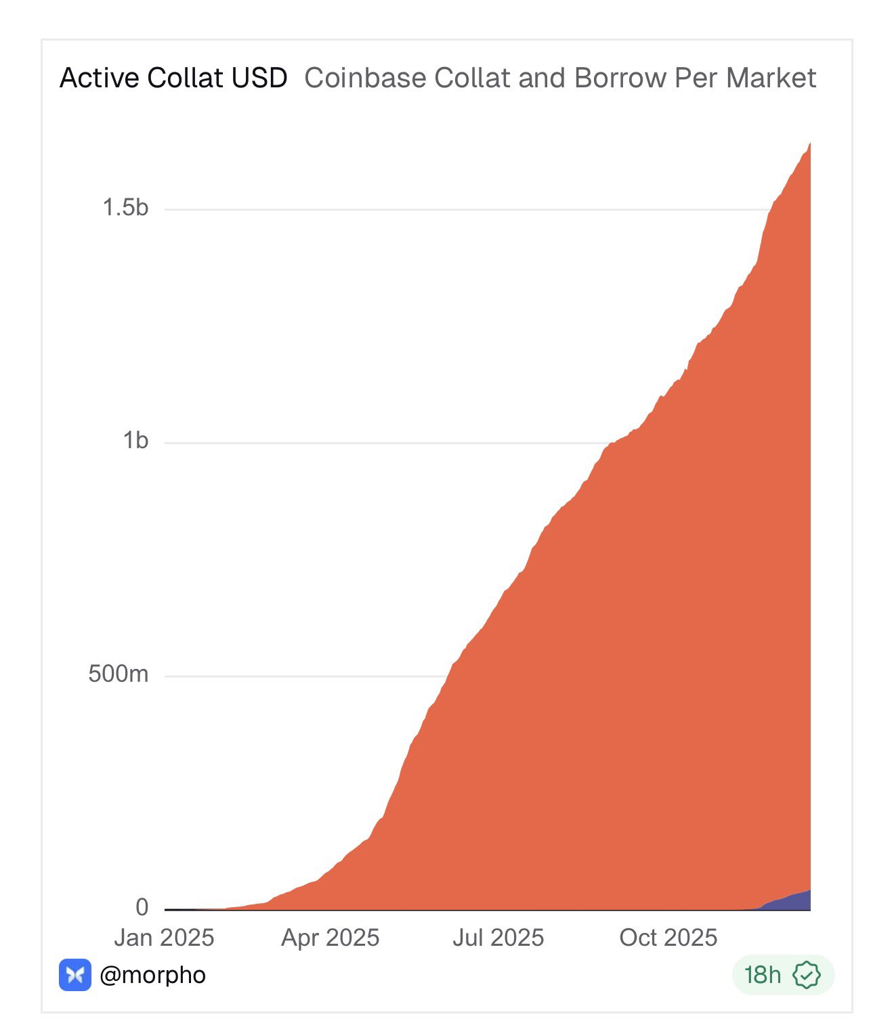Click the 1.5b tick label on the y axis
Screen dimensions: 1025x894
click(125, 208)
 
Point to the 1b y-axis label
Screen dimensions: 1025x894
click(135, 441)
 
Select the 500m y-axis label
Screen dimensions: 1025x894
click(119, 674)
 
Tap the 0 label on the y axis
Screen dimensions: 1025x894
click(142, 907)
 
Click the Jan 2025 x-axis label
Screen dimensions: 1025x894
click(164, 938)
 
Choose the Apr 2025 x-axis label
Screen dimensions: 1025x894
click(331, 938)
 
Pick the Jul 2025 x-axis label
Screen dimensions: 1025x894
click(498, 938)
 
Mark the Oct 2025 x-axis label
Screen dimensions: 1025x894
click(668, 938)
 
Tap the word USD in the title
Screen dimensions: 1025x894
click(259, 78)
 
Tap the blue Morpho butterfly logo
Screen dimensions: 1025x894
click(75, 975)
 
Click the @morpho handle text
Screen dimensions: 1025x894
click(152, 975)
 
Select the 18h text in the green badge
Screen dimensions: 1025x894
click(763, 975)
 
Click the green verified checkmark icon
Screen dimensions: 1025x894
click(807, 975)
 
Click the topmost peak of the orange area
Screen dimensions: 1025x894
click(809, 144)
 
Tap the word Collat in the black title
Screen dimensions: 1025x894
click(185, 78)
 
